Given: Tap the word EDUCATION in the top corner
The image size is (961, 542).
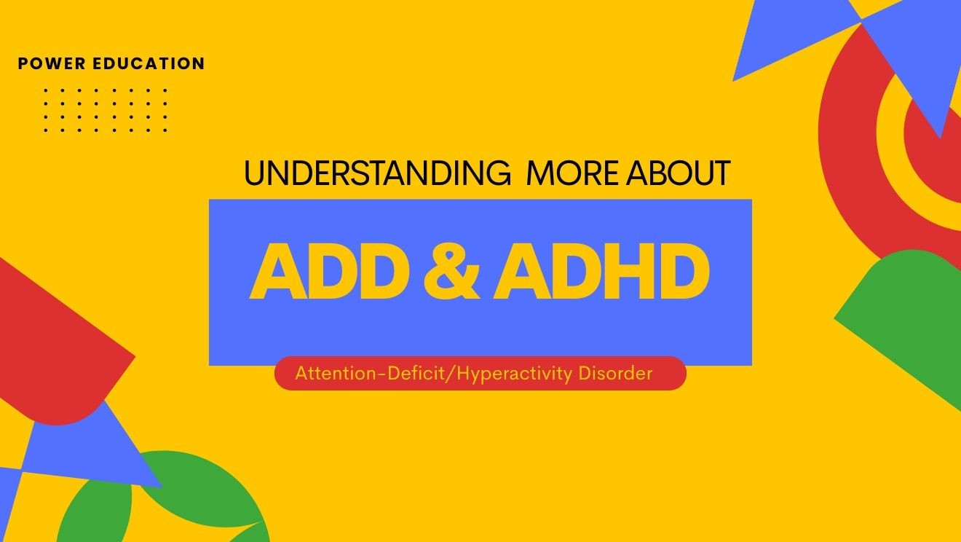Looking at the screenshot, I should click(x=149, y=64).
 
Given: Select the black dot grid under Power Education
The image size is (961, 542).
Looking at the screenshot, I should click(x=106, y=110).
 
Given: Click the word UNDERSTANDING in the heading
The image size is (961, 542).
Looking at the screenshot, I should click(x=376, y=174).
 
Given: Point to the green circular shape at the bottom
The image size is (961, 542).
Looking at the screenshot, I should click(x=182, y=503).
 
